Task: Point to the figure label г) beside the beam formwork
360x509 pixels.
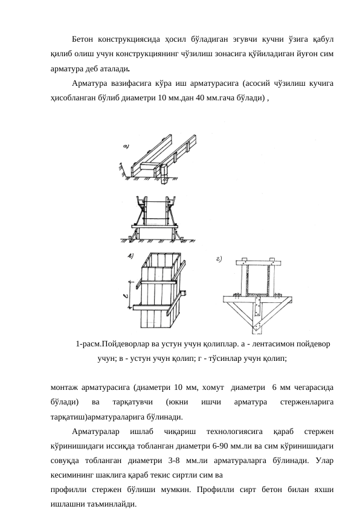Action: pos(221,260)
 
